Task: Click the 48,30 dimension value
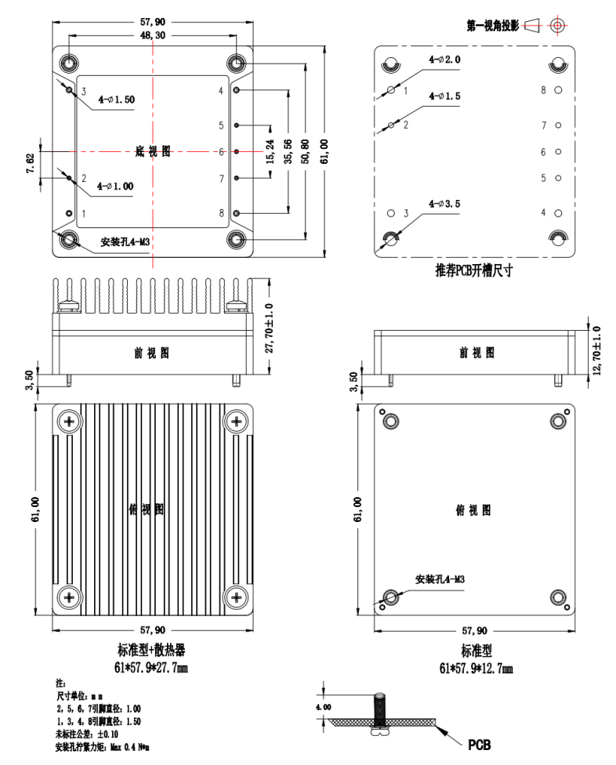[152, 35]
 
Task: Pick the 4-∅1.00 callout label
[114, 186]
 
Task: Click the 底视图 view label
[152, 152]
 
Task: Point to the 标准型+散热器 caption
[152, 651]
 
